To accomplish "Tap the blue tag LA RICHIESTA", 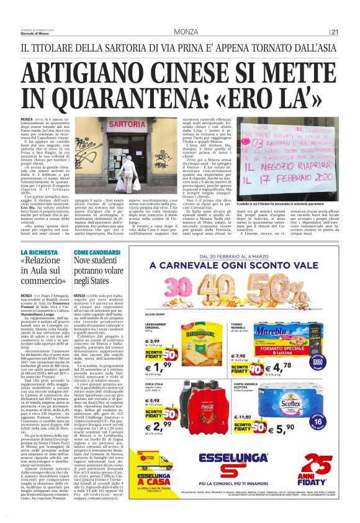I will (x=39, y=252).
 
